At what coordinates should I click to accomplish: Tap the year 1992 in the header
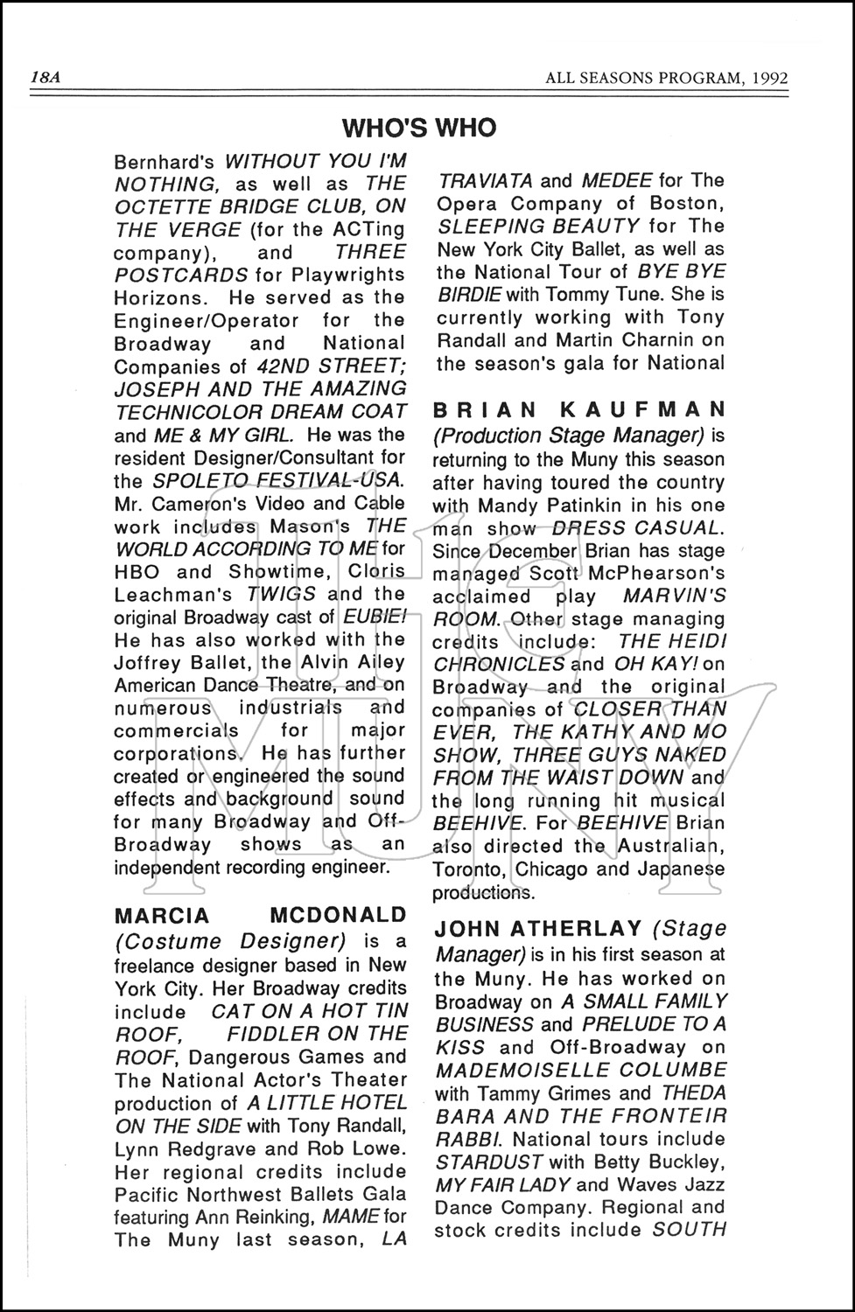[768, 78]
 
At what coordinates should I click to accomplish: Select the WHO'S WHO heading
[419, 129]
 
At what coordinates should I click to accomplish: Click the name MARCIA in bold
[163, 916]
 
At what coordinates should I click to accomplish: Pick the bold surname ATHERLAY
[559, 929]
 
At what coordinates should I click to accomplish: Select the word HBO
[137, 571]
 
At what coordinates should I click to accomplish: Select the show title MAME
[352, 1217]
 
